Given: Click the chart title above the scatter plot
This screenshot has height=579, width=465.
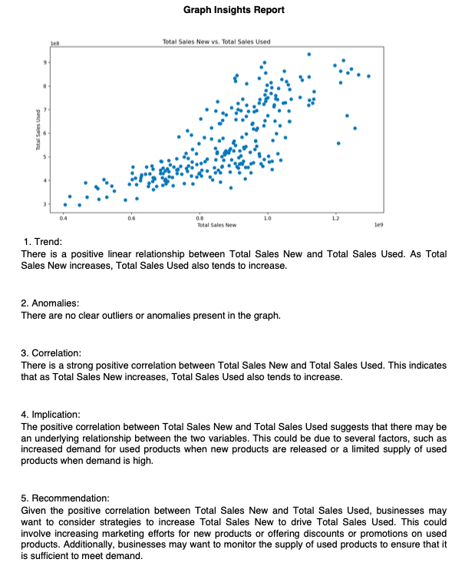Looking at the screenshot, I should [x=216, y=41].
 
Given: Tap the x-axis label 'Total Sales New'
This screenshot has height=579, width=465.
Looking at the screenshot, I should [x=216, y=225].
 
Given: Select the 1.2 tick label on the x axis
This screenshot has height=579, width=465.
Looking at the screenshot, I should [x=335, y=219].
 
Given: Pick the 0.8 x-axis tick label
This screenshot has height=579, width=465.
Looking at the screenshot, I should [x=199, y=219].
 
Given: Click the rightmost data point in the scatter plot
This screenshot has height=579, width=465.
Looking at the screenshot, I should [x=368, y=76].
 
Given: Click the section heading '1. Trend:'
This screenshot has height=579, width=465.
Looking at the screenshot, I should [x=43, y=242].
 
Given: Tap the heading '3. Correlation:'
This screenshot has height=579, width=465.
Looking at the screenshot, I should [x=54, y=353].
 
